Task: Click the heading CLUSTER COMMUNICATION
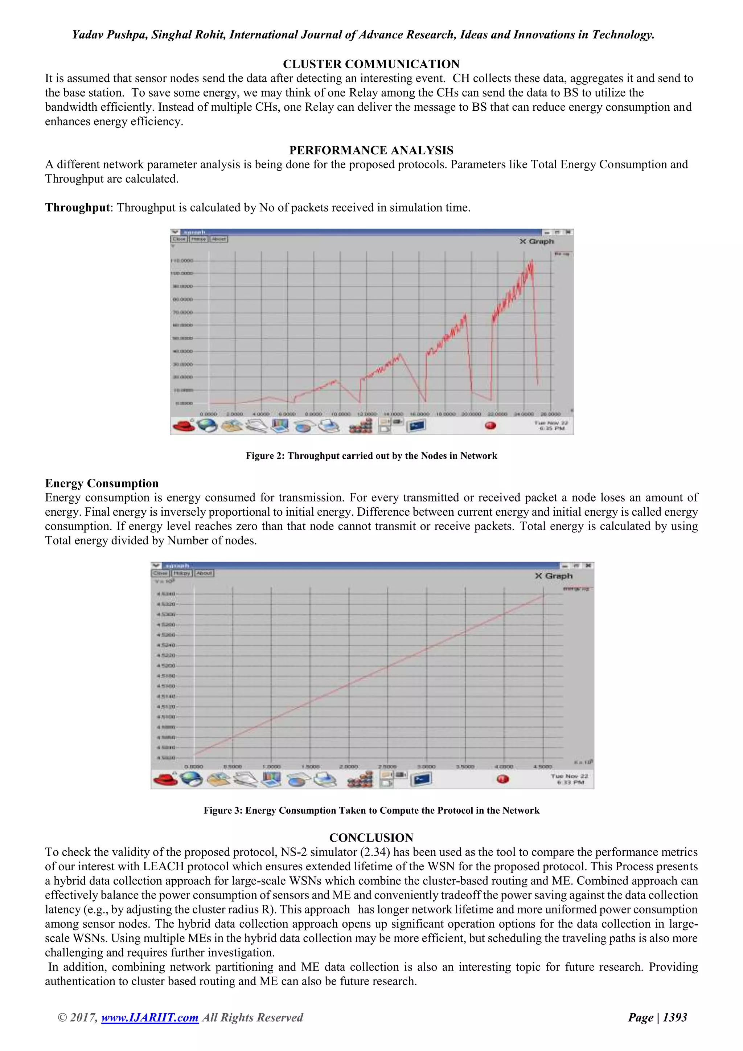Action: [371, 64]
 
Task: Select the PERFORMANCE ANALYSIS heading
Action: [371, 150]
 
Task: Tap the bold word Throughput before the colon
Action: [77, 208]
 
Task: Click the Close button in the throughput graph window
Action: [179, 239]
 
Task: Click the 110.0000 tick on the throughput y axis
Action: [182, 261]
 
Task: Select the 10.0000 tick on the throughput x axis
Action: [340, 414]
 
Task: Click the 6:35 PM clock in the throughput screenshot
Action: [552, 429]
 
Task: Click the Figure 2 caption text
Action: [371, 456]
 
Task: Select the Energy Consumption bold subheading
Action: [102, 483]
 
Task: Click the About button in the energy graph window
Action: [204, 573]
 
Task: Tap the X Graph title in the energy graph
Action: [554, 576]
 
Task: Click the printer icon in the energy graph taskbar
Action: [325, 779]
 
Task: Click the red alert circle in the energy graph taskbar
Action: [502, 779]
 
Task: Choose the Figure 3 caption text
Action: [371, 811]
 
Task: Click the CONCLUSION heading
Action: [371, 838]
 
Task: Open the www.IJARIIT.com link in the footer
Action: [149, 1018]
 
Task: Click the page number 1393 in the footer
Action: [675, 1018]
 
